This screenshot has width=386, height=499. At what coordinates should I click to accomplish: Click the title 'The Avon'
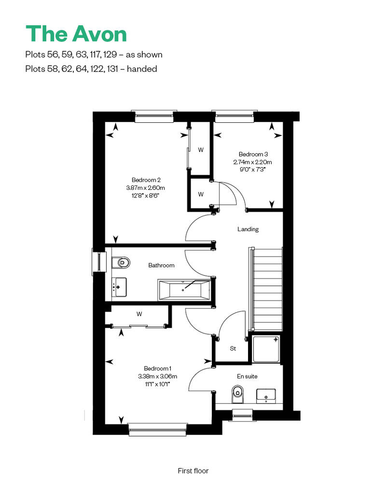pos(76,34)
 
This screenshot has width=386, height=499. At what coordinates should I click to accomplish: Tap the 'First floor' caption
pos(193,471)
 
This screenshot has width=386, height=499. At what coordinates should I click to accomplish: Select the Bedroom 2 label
pos(146,180)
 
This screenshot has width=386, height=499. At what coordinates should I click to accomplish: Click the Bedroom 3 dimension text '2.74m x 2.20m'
pos(252,162)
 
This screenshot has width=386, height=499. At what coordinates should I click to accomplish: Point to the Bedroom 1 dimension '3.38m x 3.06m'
pos(157,376)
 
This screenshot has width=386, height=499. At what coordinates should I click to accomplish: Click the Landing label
pos(248,229)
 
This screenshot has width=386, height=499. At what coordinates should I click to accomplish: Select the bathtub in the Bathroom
pos(184,290)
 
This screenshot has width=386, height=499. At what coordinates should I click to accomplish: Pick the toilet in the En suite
pos(237,394)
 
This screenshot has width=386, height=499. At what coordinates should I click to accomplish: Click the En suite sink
pos(266,395)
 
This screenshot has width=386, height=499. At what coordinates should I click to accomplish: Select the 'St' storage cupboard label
pos(233,348)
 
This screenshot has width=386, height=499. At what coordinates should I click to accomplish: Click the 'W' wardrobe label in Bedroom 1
pos(139,314)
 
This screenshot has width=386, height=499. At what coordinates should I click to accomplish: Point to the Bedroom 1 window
pos(158,430)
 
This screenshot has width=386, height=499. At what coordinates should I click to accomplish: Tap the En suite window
pos(243,415)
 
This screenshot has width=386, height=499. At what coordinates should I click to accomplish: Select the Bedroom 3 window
pos(234,117)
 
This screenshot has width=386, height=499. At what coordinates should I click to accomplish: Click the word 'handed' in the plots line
pos(142,69)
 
